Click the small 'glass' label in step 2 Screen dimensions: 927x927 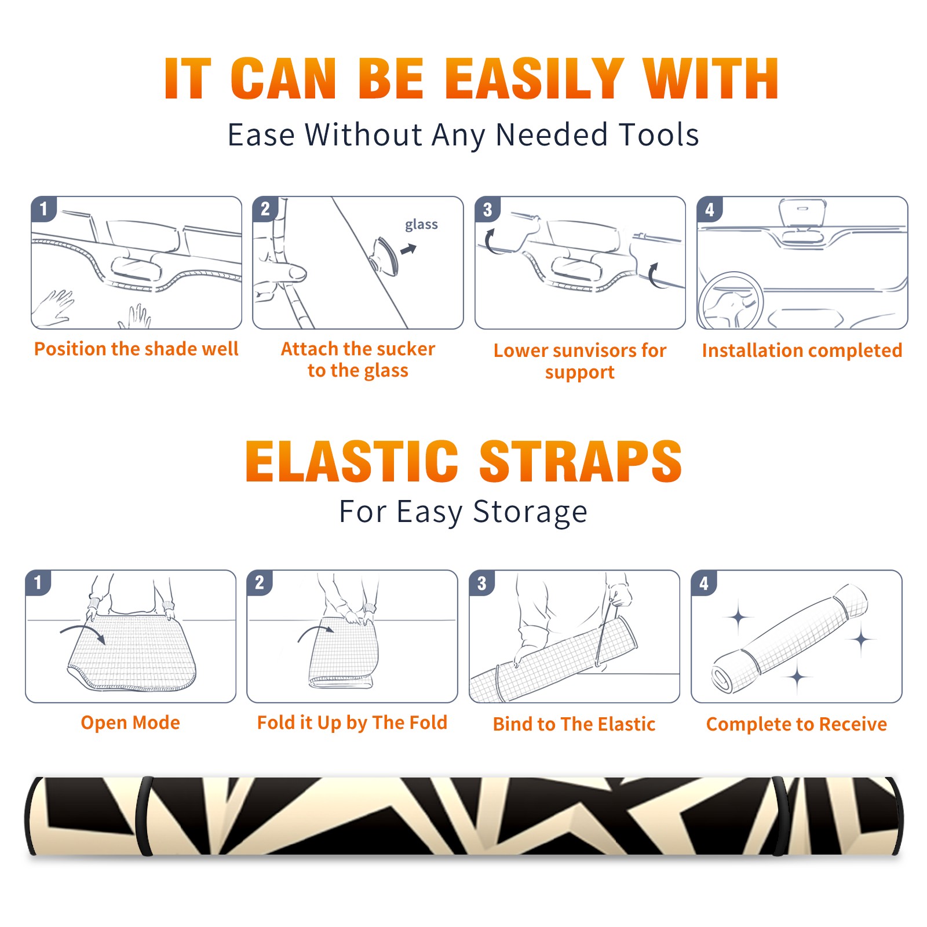point(421,225)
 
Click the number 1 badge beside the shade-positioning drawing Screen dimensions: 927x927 point(43,209)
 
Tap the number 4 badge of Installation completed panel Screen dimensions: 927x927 point(710,209)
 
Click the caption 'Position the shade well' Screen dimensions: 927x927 point(136,349)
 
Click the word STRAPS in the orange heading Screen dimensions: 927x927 point(581,461)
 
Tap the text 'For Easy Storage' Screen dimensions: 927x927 point(463,512)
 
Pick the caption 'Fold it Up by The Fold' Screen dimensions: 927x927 point(352,722)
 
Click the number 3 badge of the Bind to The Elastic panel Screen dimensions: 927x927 point(482,583)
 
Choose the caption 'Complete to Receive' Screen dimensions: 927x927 point(797,724)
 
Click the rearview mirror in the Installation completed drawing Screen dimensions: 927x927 point(802,213)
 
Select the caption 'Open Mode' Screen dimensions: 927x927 point(130,722)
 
